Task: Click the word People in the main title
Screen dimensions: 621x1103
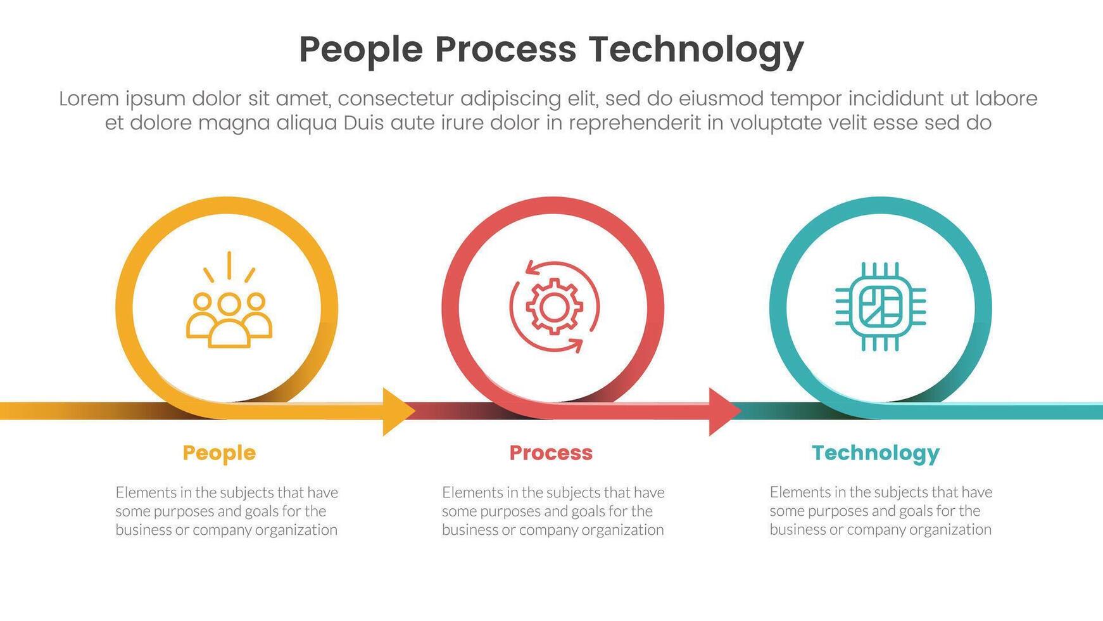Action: pyautogui.click(x=361, y=50)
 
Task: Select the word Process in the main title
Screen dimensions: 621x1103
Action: pyautogui.click(x=505, y=50)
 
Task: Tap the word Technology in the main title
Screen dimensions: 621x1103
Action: pyautogui.click(x=696, y=50)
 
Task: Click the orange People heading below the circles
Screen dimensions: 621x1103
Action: pyautogui.click(x=219, y=452)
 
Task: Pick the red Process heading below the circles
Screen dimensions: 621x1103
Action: pyautogui.click(x=551, y=452)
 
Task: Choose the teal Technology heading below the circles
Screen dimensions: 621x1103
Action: pyautogui.click(x=875, y=452)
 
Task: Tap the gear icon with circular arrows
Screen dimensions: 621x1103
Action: pyautogui.click(x=553, y=307)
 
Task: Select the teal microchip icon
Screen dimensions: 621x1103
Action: pyautogui.click(x=880, y=307)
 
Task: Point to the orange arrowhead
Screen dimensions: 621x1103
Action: pyautogui.click(x=398, y=411)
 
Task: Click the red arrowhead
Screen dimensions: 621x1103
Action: pyautogui.click(x=724, y=411)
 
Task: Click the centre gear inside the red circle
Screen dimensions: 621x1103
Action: pyautogui.click(x=553, y=307)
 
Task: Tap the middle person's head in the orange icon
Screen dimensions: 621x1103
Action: pyautogui.click(x=229, y=304)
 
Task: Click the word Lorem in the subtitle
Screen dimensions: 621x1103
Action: pyautogui.click(x=89, y=99)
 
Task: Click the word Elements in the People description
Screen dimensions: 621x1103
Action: pyautogui.click(x=146, y=492)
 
